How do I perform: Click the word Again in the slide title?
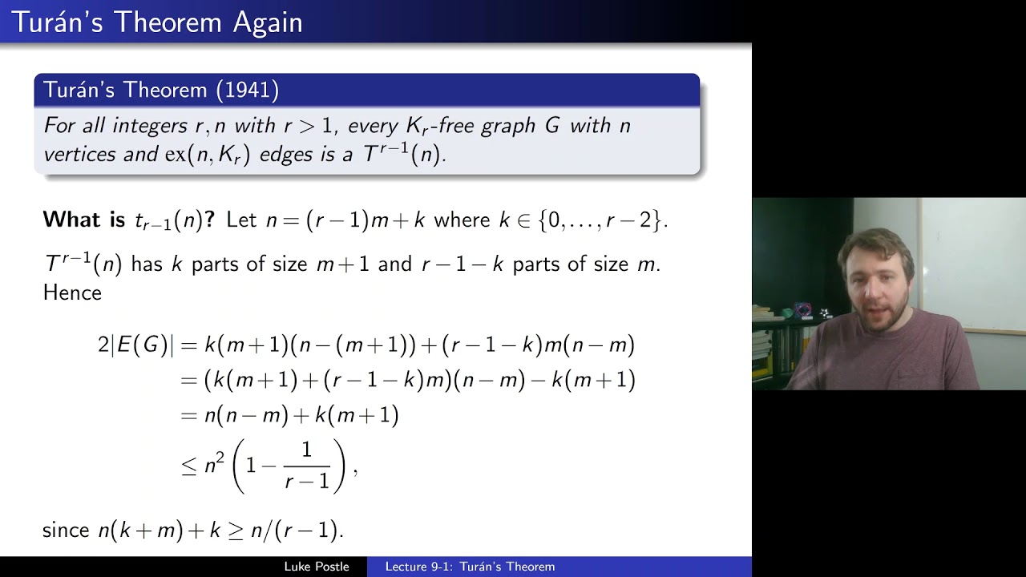point(268,22)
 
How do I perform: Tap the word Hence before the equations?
point(72,293)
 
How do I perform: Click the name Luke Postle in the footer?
point(317,567)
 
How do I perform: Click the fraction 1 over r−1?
point(307,466)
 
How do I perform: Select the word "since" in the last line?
point(66,530)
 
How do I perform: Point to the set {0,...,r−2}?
point(601,220)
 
